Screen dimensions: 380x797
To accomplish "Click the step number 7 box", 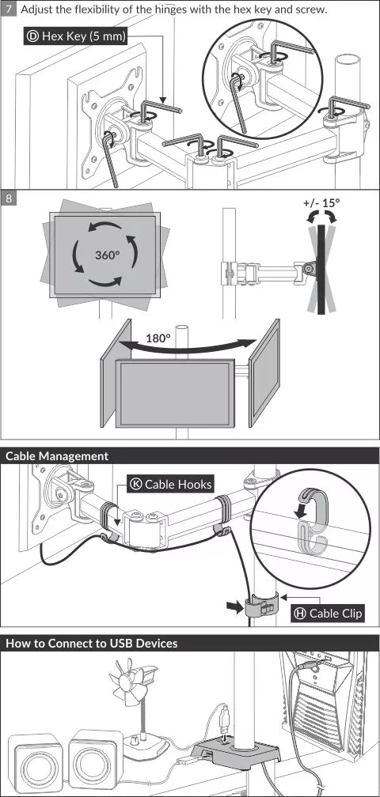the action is pos(9,9).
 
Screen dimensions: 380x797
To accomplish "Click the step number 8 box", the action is pos(9,198).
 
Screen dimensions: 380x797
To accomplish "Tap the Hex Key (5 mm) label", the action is pos(75,36).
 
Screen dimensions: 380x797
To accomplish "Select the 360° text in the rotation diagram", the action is pos(107,255).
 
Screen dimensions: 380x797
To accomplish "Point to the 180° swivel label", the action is pos(158,338).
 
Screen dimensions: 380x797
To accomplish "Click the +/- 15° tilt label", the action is pos(321,202).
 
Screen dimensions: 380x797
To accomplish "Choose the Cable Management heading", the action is pos(57,456).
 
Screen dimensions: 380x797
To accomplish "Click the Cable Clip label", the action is pos(328,614).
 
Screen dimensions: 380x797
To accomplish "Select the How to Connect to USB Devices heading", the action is pos(92,643).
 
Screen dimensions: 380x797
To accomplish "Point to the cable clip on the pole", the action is pos(260,606).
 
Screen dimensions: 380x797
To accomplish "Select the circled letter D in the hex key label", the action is pos(33,36).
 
